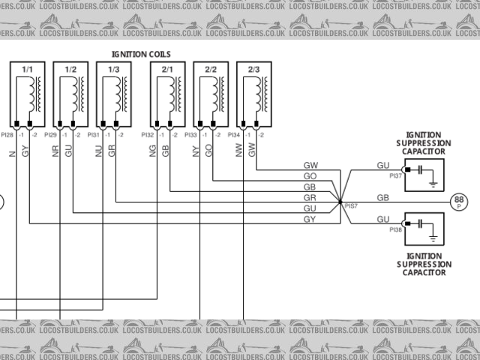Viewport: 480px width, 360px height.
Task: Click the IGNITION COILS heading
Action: click(x=141, y=55)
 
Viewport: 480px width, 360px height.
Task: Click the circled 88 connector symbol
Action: click(x=459, y=201)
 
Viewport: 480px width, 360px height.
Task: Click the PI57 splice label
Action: click(x=351, y=205)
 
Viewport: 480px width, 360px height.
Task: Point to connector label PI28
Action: click(x=7, y=135)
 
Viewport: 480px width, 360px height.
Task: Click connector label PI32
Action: click(x=148, y=135)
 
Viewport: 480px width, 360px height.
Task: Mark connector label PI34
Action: click(x=234, y=135)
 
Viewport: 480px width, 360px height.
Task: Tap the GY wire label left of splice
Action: click(x=309, y=218)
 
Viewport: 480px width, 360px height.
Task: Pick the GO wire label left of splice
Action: click(x=310, y=175)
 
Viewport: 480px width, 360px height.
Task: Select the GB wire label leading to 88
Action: click(x=382, y=197)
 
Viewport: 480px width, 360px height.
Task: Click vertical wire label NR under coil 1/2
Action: click(x=55, y=150)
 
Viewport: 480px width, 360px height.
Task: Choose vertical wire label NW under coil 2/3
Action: click(x=238, y=150)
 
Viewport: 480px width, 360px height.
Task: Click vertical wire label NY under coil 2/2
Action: click(x=196, y=150)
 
